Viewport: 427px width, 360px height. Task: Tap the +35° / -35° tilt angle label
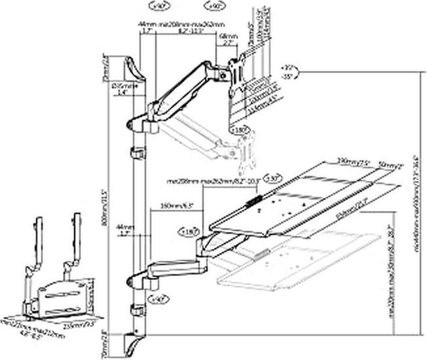[286, 72]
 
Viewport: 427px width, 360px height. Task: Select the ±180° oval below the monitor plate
[240, 130]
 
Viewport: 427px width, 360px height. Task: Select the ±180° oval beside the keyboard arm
[186, 230]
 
